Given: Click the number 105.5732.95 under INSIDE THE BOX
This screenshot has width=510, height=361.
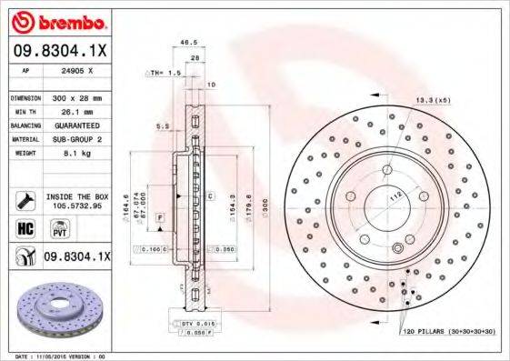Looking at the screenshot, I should coord(76,206).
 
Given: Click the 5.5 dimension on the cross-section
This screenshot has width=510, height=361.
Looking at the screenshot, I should coord(164,126).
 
